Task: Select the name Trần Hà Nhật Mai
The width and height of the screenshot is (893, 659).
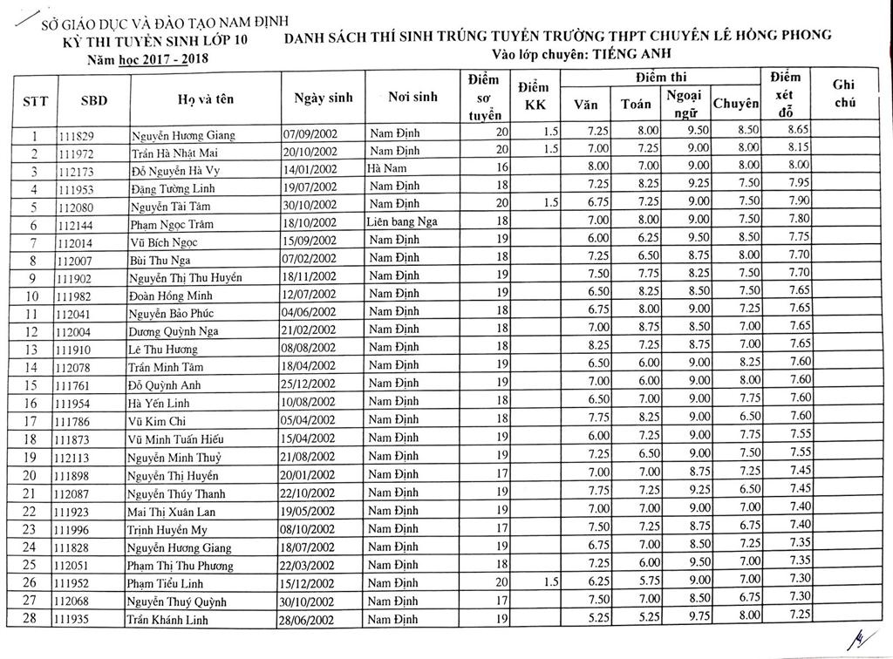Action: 169,153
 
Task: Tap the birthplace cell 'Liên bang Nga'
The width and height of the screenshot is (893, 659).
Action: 402,223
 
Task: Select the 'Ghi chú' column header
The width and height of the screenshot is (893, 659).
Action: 842,93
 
